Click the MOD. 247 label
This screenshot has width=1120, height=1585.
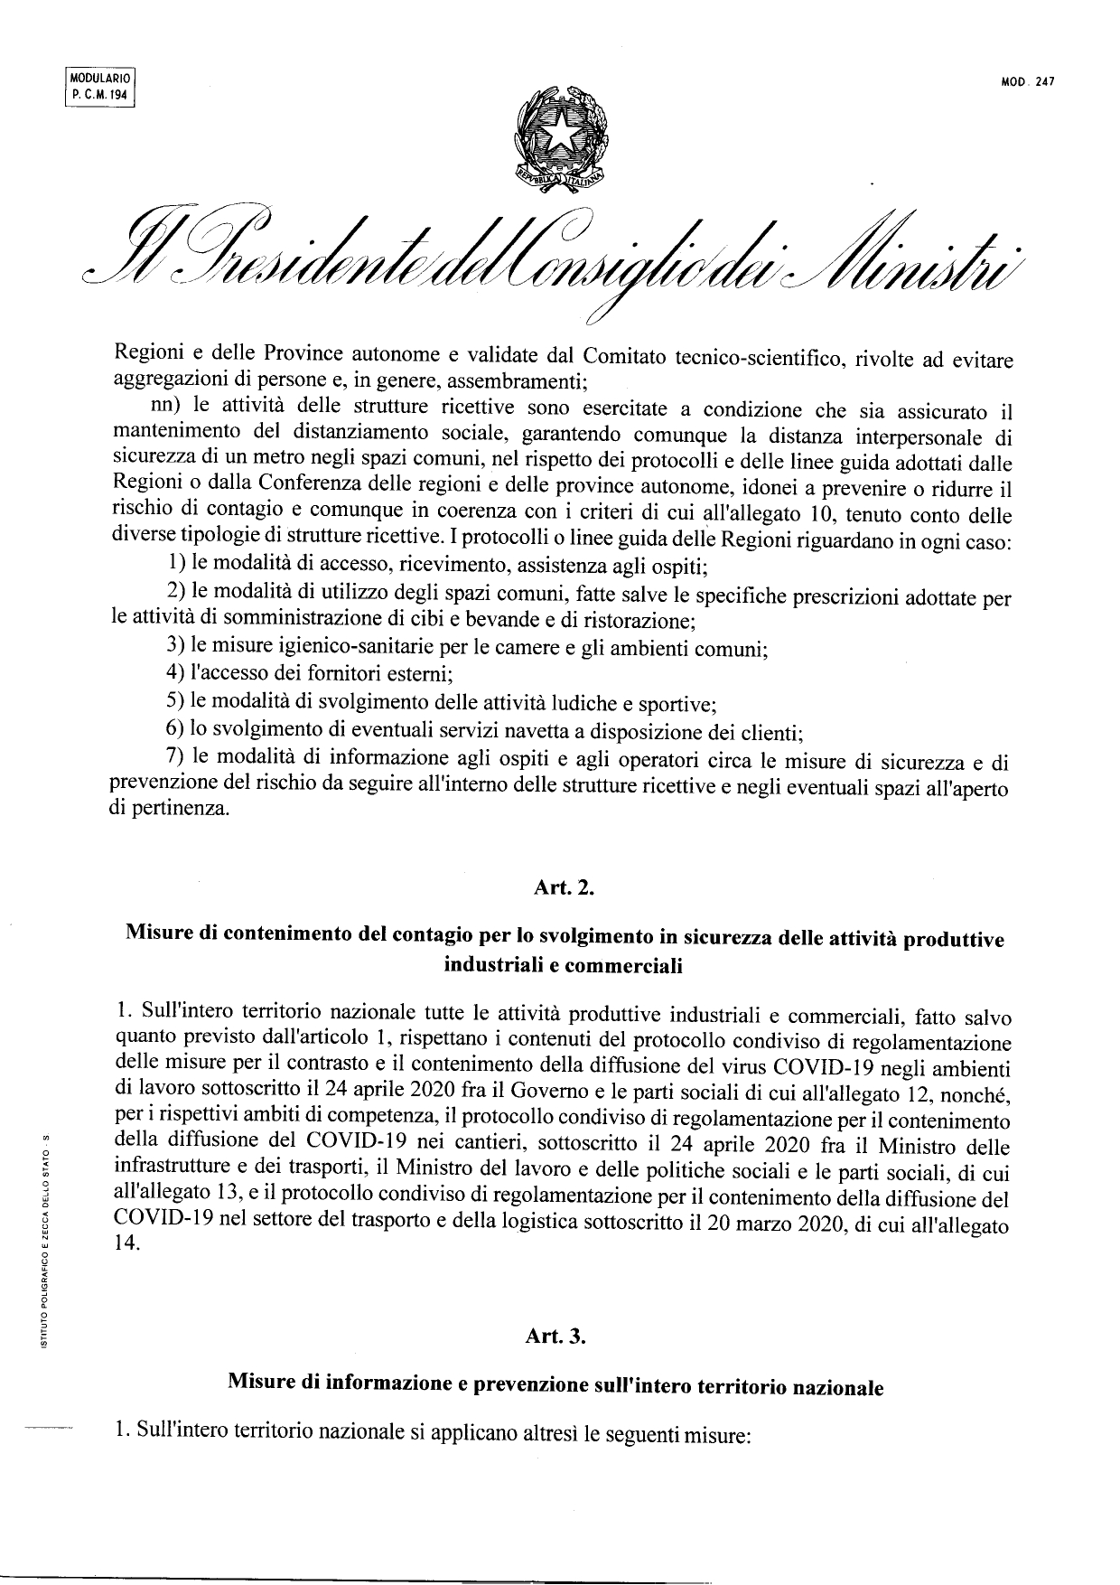(1028, 82)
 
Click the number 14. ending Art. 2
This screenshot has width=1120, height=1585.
(129, 1243)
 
